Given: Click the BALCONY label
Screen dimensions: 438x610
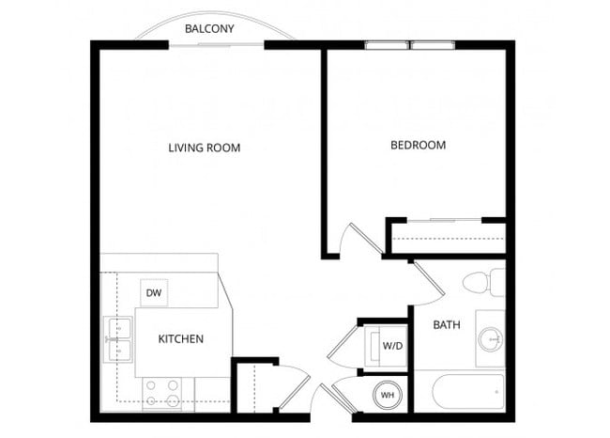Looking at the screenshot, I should coord(209,29).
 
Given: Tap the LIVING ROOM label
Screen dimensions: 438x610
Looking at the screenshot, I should coord(205,148).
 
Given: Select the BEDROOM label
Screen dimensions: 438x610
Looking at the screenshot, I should coord(418,146).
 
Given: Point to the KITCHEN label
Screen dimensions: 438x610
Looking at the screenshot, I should coord(181,338).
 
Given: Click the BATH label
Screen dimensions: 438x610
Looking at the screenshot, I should coord(447,325).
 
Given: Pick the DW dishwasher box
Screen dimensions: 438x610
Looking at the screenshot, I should coord(154,294).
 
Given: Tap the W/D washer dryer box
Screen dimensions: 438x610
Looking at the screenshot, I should coord(392,345).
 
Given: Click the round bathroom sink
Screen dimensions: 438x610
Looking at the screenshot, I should coord(490,339).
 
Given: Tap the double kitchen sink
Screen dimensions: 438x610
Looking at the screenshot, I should coord(118,340).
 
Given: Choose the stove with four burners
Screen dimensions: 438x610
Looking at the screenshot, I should coord(162,393).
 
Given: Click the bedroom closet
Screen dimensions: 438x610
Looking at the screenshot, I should coord(447,237).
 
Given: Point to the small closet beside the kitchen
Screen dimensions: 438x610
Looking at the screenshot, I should coord(253,386).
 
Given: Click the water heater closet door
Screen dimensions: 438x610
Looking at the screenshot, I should coord(342,395).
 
